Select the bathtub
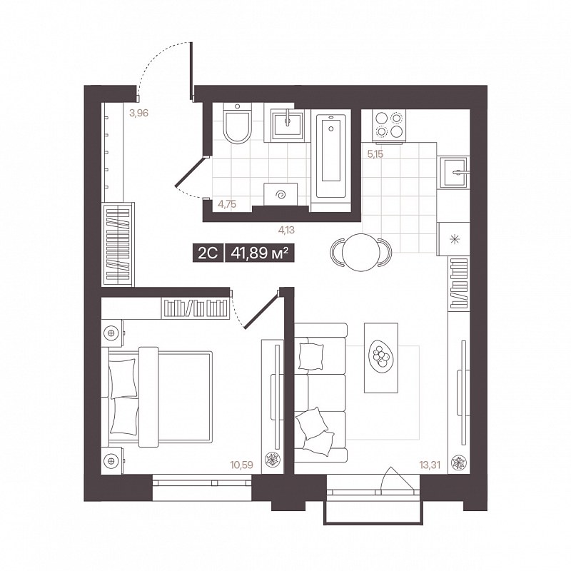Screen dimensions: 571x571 (331, 156)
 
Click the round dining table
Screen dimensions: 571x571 (361, 252)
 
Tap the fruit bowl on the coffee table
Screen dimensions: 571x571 (381, 357)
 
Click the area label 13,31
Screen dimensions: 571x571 (430, 465)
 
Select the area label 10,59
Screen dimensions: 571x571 (241, 465)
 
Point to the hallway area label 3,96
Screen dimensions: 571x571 (138, 113)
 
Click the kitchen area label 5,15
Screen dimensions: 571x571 (375, 154)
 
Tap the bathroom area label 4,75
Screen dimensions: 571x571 (227, 204)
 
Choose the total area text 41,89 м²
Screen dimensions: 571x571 (260, 252)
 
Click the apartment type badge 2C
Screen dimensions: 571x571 (208, 252)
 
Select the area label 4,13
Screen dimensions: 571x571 (286, 230)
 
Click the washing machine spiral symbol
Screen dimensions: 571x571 (281, 195)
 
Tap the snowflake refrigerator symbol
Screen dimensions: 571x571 (453, 239)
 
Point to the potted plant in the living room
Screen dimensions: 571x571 (458, 463)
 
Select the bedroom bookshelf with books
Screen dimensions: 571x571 (196, 309)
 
